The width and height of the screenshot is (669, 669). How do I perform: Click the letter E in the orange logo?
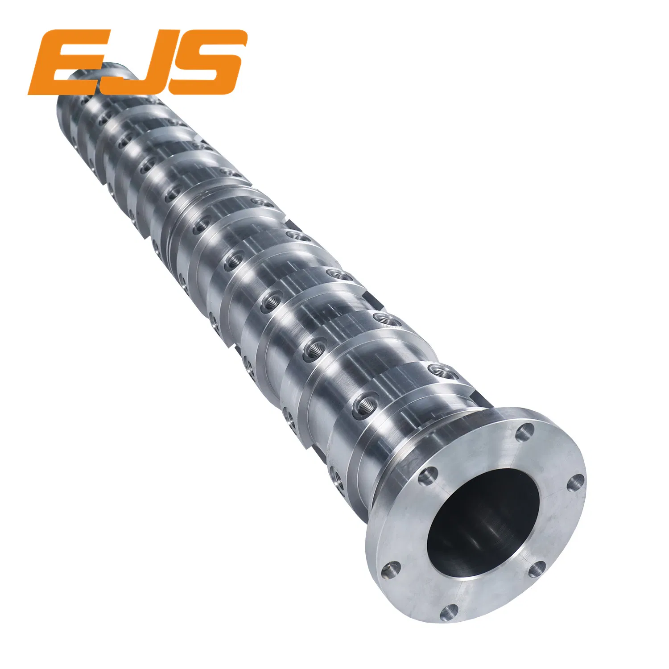67,62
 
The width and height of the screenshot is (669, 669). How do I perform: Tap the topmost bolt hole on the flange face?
526,431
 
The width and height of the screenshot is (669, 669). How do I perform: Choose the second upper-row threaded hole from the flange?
384,318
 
